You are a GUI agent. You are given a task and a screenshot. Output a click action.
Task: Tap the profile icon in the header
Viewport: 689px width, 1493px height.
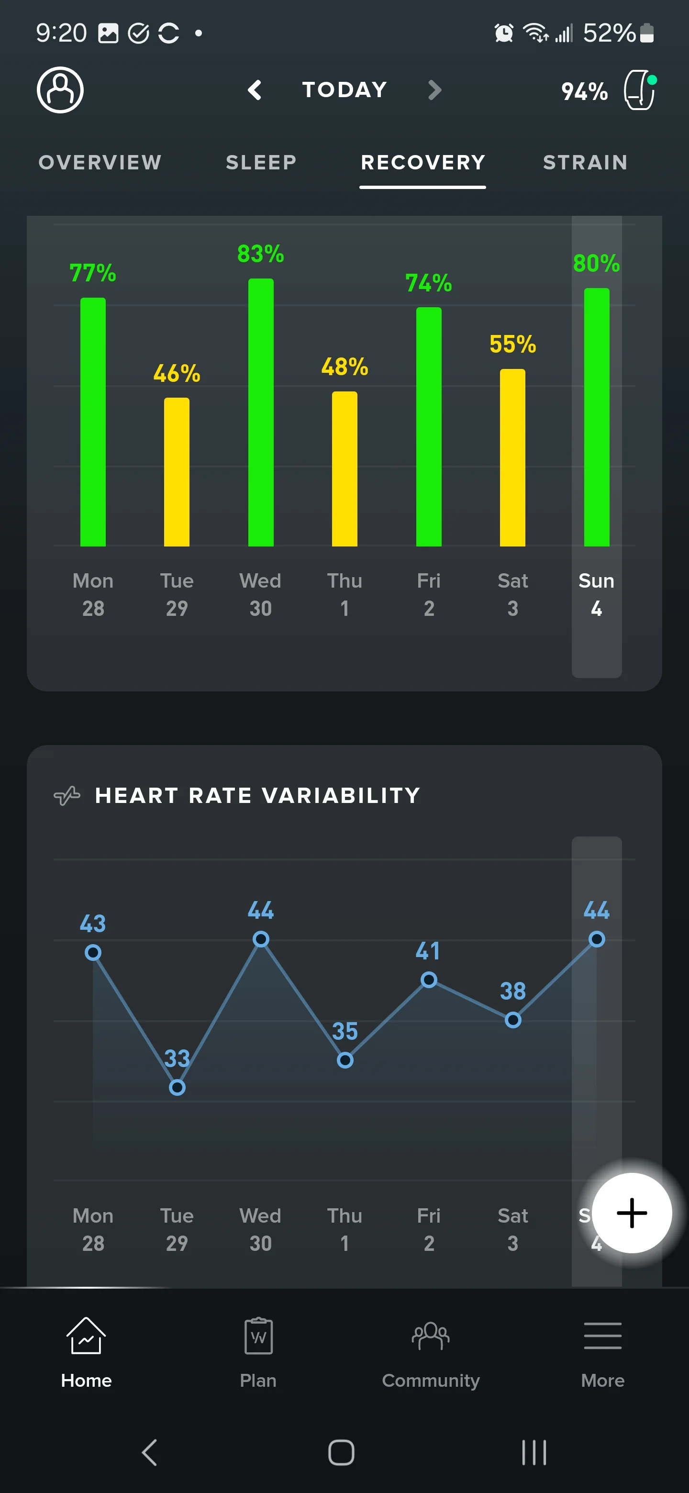click(60, 90)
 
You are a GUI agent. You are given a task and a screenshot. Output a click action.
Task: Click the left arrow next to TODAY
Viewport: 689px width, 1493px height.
click(255, 90)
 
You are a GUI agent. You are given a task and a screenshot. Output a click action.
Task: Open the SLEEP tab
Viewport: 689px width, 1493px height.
click(261, 162)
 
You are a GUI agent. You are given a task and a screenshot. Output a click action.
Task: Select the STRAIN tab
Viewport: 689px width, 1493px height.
click(585, 162)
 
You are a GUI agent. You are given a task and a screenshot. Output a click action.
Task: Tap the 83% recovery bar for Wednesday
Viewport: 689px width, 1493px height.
click(261, 412)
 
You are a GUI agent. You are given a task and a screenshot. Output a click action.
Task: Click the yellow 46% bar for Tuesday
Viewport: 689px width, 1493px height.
click(177, 472)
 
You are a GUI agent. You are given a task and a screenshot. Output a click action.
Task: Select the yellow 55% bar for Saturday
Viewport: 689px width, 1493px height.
click(513, 457)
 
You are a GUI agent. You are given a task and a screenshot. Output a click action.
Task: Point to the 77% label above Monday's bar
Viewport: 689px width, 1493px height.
click(93, 273)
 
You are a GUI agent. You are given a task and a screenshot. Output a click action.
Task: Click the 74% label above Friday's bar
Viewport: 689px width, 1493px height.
click(429, 283)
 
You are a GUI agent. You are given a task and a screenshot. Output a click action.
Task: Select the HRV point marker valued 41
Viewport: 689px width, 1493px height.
click(429, 980)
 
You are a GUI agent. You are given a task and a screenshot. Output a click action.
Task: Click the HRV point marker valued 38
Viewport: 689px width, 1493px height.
click(513, 1020)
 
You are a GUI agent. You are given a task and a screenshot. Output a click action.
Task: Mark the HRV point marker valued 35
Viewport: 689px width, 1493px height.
click(345, 1060)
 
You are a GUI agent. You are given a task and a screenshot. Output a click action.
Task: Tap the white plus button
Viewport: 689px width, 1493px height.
click(632, 1213)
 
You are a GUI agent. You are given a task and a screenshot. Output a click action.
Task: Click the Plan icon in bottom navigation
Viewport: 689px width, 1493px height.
click(258, 1336)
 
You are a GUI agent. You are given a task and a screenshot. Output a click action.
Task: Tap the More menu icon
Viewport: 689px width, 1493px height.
click(603, 1336)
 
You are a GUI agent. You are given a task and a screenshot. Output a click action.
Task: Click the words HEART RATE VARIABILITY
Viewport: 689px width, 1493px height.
click(258, 795)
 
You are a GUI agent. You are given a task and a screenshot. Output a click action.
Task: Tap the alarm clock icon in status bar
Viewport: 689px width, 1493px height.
click(503, 33)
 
